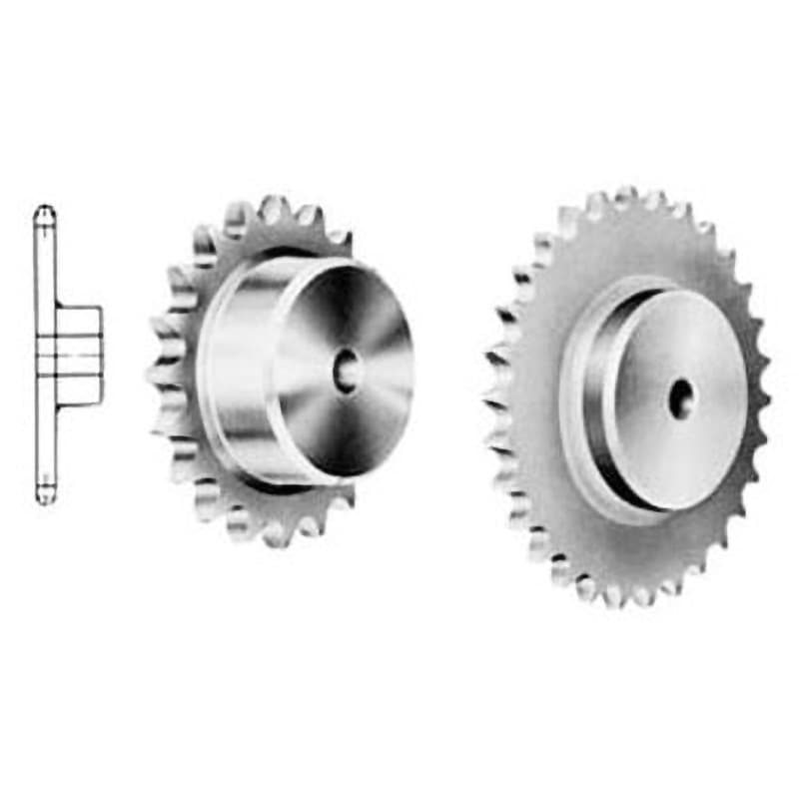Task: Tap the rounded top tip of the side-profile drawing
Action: [45, 212]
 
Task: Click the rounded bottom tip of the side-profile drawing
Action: [45, 496]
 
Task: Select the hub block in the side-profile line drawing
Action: [80, 355]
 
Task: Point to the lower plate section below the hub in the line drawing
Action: [45, 449]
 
